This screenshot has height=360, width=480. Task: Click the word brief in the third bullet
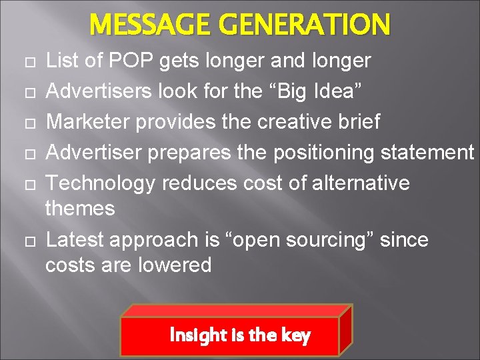click(x=358, y=122)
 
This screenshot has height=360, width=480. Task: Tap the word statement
click(x=427, y=153)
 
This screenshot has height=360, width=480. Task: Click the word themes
click(x=80, y=209)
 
